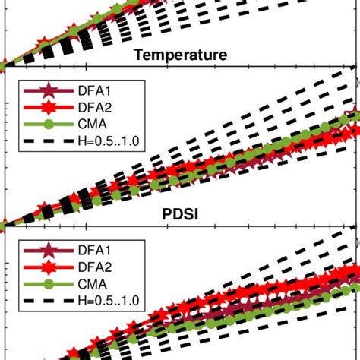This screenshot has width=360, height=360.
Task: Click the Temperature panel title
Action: click(179, 55)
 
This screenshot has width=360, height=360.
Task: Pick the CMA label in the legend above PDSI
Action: click(81, 124)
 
